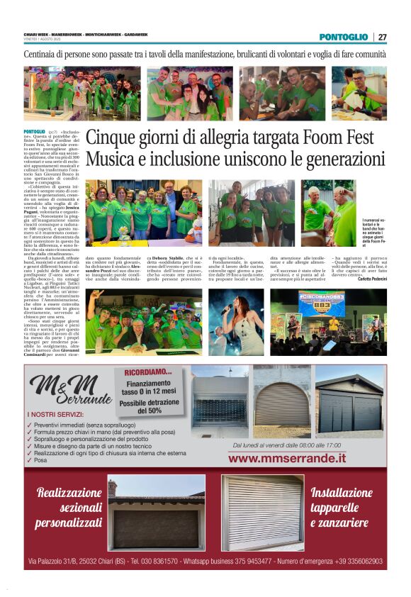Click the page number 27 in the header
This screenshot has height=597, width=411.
[382, 37]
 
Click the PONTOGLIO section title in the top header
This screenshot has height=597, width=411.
[343, 37]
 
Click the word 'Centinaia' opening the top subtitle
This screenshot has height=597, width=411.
[44, 55]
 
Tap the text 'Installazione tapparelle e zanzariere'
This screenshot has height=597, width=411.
[340, 508]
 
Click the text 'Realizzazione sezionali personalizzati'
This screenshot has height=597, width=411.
[69, 508]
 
